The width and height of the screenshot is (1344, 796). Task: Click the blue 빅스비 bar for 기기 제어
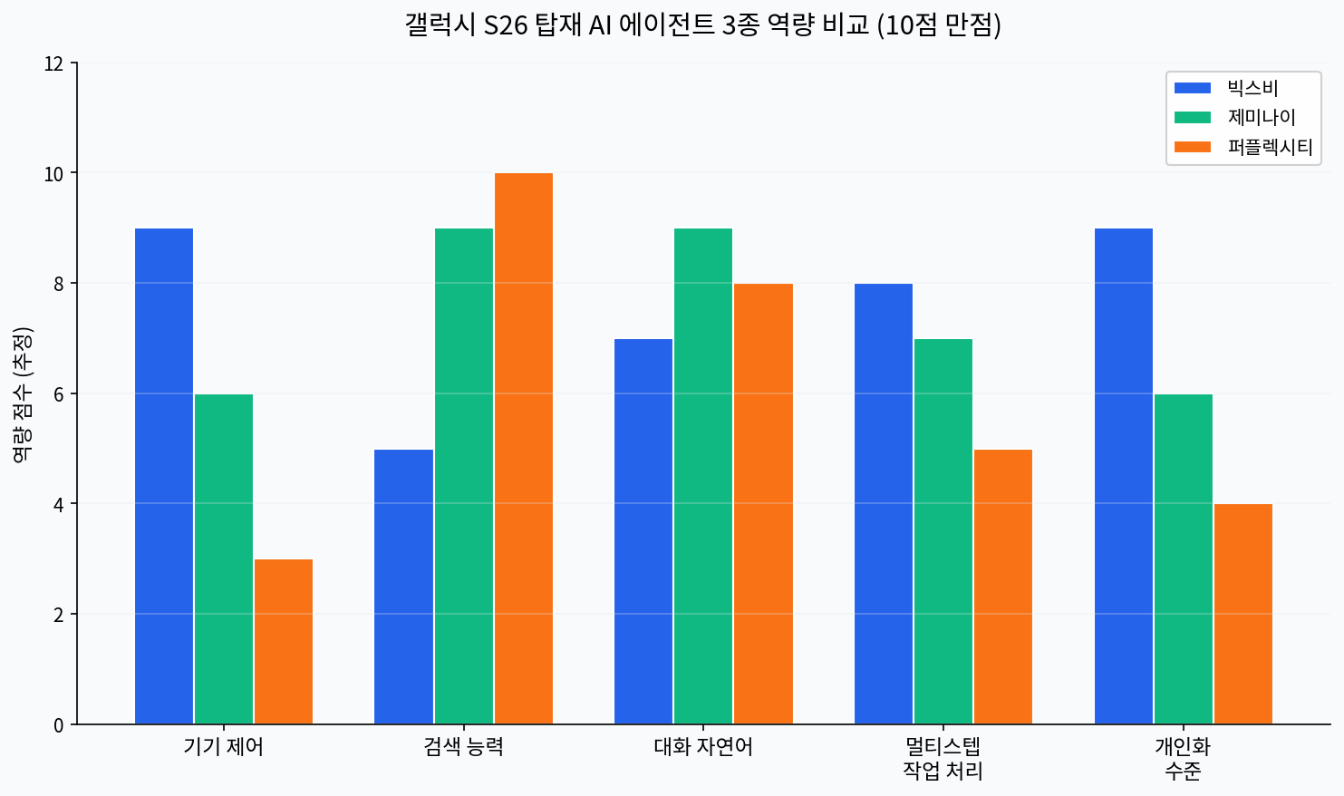coord(164,476)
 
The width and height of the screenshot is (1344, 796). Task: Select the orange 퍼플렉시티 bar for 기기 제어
coord(284,642)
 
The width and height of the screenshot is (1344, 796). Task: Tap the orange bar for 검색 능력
coord(524,449)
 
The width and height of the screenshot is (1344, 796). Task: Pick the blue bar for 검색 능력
coord(403,587)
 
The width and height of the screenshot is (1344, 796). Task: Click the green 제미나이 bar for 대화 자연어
coord(703,476)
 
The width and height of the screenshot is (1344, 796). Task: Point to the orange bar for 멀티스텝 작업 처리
coord(1003,587)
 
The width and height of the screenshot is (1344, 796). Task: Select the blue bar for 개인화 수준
coord(1124,476)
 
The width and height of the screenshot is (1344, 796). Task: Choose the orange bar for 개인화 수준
coord(1243,614)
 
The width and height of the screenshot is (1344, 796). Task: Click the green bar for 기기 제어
coord(224,559)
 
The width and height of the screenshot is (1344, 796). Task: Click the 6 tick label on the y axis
coord(59,394)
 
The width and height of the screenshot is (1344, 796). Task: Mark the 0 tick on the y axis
coord(59,725)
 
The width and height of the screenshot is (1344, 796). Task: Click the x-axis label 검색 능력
coord(463,747)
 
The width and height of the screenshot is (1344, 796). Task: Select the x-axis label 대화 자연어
coord(703,747)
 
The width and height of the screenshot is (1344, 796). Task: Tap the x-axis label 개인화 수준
coord(1183,759)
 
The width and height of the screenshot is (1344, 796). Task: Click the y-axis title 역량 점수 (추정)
coord(23,394)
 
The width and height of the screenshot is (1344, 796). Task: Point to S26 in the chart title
coord(506,25)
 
